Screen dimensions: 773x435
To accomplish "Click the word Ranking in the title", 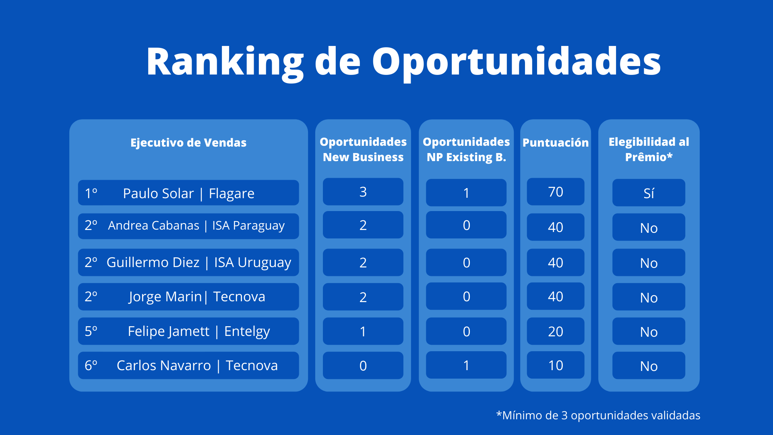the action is [x=225, y=62].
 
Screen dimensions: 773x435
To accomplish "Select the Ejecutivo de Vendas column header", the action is [x=188, y=143].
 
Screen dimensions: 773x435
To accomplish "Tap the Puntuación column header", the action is [x=556, y=143].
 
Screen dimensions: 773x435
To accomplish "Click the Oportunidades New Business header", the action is [x=363, y=149].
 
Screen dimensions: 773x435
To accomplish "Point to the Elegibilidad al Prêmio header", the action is [x=649, y=149].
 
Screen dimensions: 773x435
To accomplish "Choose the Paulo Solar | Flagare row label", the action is [x=188, y=193].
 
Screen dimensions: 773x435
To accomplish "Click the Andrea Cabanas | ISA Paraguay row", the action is [x=188, y=226].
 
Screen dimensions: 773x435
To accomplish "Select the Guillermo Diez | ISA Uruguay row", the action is [x=188, y=262].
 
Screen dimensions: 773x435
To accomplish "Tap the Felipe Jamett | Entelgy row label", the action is [x=188, y=331].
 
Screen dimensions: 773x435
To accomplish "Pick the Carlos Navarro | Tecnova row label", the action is [x=188, y=365].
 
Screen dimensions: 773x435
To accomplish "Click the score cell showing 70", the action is [x=556, y=192].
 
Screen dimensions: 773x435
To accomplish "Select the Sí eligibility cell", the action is [x=649, y=193].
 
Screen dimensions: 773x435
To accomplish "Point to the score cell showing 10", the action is [x=556, y=365].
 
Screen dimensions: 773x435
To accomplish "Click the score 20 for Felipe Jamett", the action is [x=556, y=331].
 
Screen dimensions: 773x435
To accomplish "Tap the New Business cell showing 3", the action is [x=363, y=192].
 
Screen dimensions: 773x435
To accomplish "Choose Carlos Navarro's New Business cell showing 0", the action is [x=363, y=365].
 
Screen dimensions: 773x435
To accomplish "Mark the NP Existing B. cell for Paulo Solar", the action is [x=466, y=193].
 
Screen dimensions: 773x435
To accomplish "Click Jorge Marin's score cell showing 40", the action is [x=556, y=296].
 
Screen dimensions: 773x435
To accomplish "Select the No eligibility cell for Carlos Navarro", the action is [x=649, y=365].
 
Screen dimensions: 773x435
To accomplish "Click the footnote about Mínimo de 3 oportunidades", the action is [x=598, y=415].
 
